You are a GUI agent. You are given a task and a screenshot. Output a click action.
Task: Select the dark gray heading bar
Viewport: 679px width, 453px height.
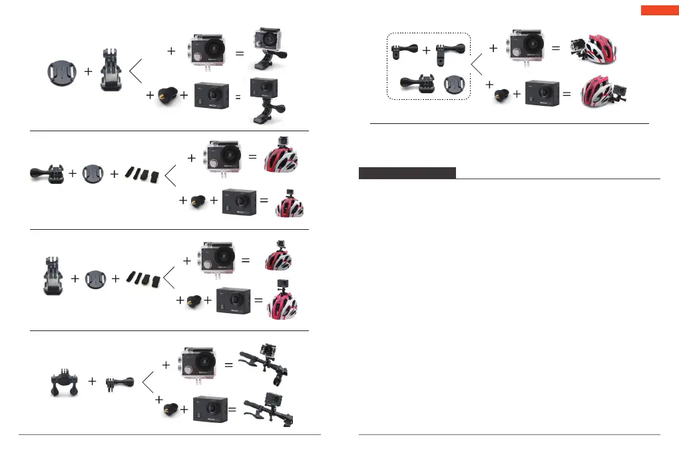407,173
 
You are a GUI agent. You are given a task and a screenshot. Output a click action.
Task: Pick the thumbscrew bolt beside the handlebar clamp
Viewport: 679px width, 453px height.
120,382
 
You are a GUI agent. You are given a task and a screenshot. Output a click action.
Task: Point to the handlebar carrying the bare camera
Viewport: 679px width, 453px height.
269,411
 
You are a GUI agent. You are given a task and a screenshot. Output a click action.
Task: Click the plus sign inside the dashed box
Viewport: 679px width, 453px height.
426,50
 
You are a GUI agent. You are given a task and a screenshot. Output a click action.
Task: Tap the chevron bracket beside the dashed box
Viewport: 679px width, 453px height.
478,65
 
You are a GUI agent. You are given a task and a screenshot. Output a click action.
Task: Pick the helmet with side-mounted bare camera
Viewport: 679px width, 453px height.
603,91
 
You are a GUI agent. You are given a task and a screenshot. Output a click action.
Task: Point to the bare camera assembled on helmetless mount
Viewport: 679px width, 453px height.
263,99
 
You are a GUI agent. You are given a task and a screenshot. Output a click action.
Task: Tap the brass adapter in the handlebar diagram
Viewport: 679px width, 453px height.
170,414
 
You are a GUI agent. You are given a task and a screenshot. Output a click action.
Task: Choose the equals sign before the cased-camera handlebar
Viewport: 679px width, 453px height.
228,365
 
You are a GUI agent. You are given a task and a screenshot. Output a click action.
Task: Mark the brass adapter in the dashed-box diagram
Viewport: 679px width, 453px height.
498,95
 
